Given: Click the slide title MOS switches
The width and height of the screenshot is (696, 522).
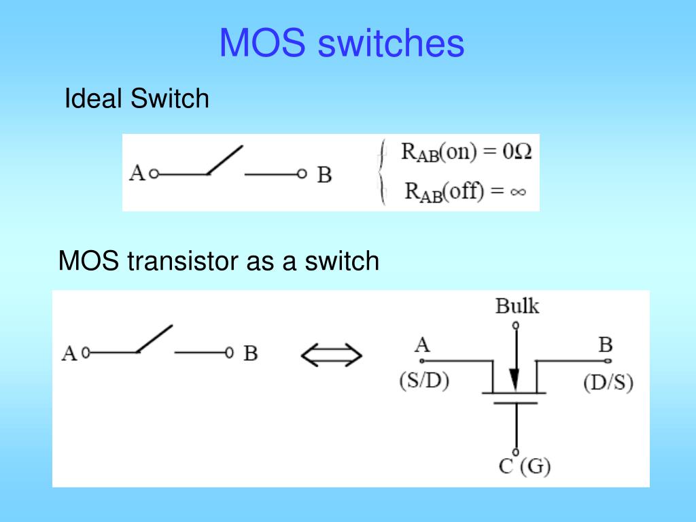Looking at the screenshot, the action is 341,43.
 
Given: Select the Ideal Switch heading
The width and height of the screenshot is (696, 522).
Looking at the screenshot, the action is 136,99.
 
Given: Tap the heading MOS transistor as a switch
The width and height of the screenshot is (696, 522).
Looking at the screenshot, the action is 218,260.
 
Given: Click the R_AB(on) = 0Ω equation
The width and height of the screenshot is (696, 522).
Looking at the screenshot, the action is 466,152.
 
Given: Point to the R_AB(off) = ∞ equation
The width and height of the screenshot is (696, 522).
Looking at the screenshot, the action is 466,191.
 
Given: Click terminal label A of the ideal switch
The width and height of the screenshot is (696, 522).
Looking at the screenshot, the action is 137,174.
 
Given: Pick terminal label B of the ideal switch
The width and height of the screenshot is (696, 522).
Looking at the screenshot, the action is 324,175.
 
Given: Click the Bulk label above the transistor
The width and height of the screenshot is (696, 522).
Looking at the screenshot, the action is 517,307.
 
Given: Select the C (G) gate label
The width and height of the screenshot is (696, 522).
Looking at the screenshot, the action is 524,467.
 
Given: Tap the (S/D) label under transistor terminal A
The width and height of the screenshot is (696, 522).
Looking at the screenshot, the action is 423,381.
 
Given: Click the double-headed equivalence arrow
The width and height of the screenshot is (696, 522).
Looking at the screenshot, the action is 331,354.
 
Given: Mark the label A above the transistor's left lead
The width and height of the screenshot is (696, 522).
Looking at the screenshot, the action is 422,345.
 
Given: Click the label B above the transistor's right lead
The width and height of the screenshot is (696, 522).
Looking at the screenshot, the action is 605,345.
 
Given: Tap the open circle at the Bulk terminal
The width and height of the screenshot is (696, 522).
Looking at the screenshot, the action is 516,326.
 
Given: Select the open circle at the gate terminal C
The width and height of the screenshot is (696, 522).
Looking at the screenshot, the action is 516,452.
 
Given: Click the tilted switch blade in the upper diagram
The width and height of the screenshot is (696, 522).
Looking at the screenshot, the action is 225,160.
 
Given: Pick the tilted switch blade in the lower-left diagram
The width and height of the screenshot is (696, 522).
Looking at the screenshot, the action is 154,338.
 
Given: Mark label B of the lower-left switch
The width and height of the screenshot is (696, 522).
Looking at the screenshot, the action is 251,354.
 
